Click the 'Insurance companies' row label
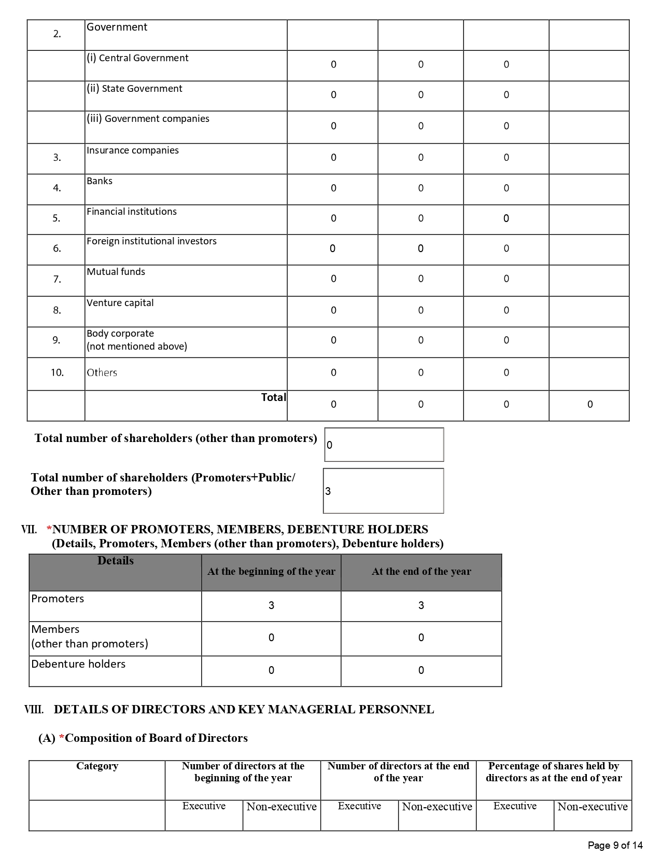pos(133,150)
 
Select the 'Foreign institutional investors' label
pos(151,241)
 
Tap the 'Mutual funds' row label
pos(116,272)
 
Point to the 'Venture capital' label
pos(120,303)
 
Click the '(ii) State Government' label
pos(134,89)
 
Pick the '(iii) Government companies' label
pos(148,119)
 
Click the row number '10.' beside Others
pos(57,372)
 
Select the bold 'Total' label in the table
pos(273,397)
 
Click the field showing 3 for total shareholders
pos(383,491)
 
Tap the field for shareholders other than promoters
pos(384,445)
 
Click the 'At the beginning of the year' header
pos(271,572)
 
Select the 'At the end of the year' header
pos(421,572)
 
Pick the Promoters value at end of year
pos(421,605)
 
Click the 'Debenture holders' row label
pos(78,664)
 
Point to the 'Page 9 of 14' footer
pos(615,846)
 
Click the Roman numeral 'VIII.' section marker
pos(34,710)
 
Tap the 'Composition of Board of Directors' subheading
pos(156,738)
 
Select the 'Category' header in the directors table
pos(97,766)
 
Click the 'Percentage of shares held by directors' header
pos(554,772)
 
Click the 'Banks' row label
pos(100,181)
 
